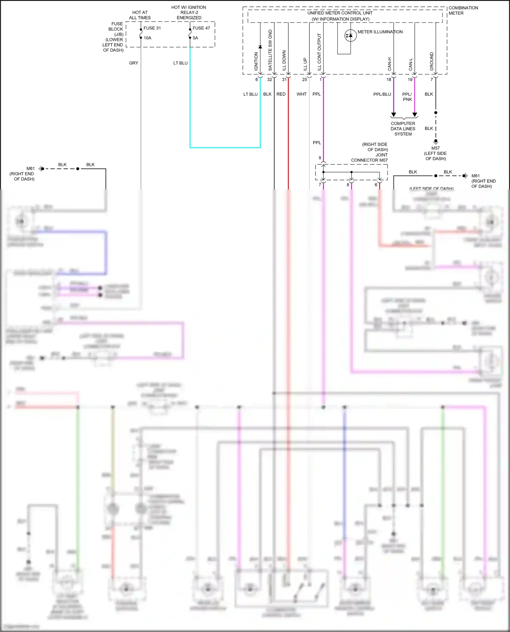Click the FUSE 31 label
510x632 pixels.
[x=152, y=28]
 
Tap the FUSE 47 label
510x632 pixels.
[x=201, y=28]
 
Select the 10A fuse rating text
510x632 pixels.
[x=147, y=38]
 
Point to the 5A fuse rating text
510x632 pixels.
[x=195, y=38]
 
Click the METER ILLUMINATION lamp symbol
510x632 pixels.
[x=350, y=36]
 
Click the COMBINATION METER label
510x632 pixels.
[x=463, y=11]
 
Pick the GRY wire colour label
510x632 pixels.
[x=134, y=63]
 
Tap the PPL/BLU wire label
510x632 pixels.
[x=382, y=94]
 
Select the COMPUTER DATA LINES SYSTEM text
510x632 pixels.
[x=403, y=129]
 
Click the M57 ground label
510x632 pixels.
[x=436, y=148]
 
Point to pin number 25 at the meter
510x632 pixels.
[x=304, y=80]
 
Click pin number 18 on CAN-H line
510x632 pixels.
[x=389, y=80]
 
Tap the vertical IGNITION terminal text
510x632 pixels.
[x=256, y=61]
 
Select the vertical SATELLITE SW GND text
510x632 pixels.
[x=270, y=50]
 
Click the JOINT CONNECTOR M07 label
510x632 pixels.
[x=369, y=160]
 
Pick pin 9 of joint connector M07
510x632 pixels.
[x=320, y=158]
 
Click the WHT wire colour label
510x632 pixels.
[x=301, y=94]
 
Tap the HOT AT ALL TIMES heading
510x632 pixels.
[x=140, y=15]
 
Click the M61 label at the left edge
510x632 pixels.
[x=31, y=168]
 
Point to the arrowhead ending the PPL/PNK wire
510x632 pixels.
[x=414, y=115]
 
